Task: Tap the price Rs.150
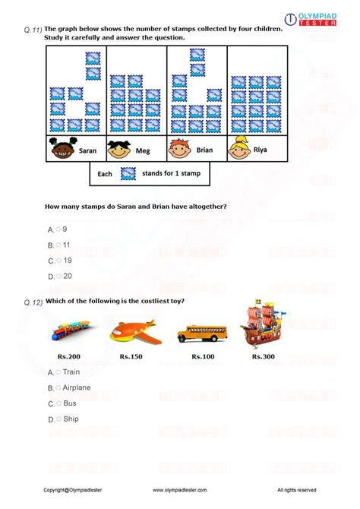[x=131, y=356]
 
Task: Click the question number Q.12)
[x=33, y=302]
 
